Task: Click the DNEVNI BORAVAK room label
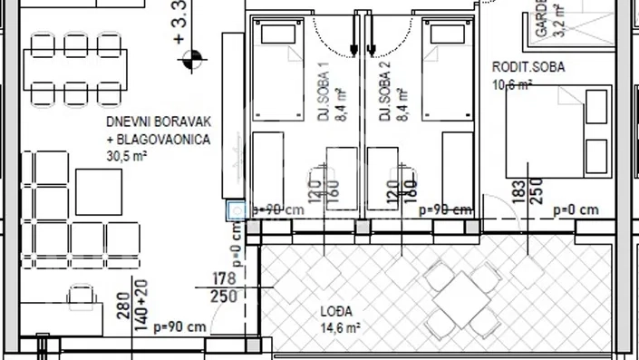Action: [158, 122]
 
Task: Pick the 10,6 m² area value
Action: [511, 85]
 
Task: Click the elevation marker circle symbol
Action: [191, 62]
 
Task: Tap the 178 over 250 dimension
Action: [223, 287]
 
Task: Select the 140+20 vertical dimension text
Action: [141, 306]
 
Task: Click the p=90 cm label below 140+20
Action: [180, 326]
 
